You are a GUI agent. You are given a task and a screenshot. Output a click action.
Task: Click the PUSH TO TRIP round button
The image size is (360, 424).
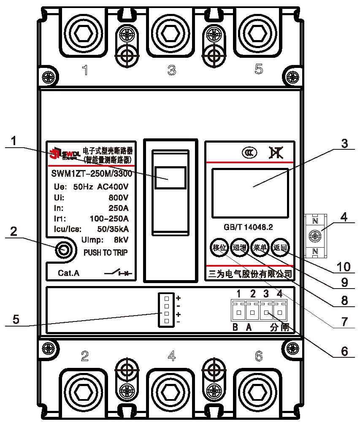[63, 250]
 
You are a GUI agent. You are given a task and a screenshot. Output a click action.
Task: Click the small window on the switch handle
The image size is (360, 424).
[170, 177]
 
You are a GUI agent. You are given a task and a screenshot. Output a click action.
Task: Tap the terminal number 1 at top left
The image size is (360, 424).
[85, 70]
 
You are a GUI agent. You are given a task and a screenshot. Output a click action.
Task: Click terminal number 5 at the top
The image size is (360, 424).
[259, 69]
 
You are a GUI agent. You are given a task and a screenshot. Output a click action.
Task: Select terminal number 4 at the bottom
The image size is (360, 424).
[171, 356]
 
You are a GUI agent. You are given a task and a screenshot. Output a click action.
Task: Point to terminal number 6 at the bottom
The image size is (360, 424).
[259, 356]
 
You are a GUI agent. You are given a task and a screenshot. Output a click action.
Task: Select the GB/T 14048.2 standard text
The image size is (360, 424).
[248, 227]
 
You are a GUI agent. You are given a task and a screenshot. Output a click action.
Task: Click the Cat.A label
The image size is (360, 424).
[68, 273]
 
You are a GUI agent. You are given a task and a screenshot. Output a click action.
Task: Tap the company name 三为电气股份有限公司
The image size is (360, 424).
[250, 274]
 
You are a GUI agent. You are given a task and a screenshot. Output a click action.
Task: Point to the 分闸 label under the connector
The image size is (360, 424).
[279, 327]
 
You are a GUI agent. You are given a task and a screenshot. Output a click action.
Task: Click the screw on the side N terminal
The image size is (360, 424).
[314, 236]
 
